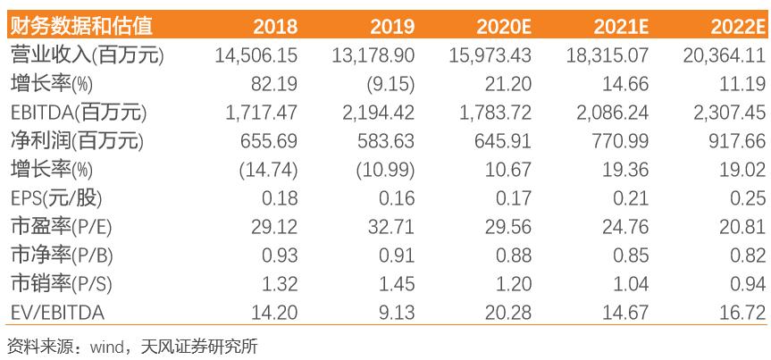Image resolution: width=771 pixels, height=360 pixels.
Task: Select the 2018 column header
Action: [275, 25]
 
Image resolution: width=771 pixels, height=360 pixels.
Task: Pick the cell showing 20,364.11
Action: [725, 55]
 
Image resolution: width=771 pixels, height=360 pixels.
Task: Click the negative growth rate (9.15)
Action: [386, 84]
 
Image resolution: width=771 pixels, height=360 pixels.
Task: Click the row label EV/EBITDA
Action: [55, 313]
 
